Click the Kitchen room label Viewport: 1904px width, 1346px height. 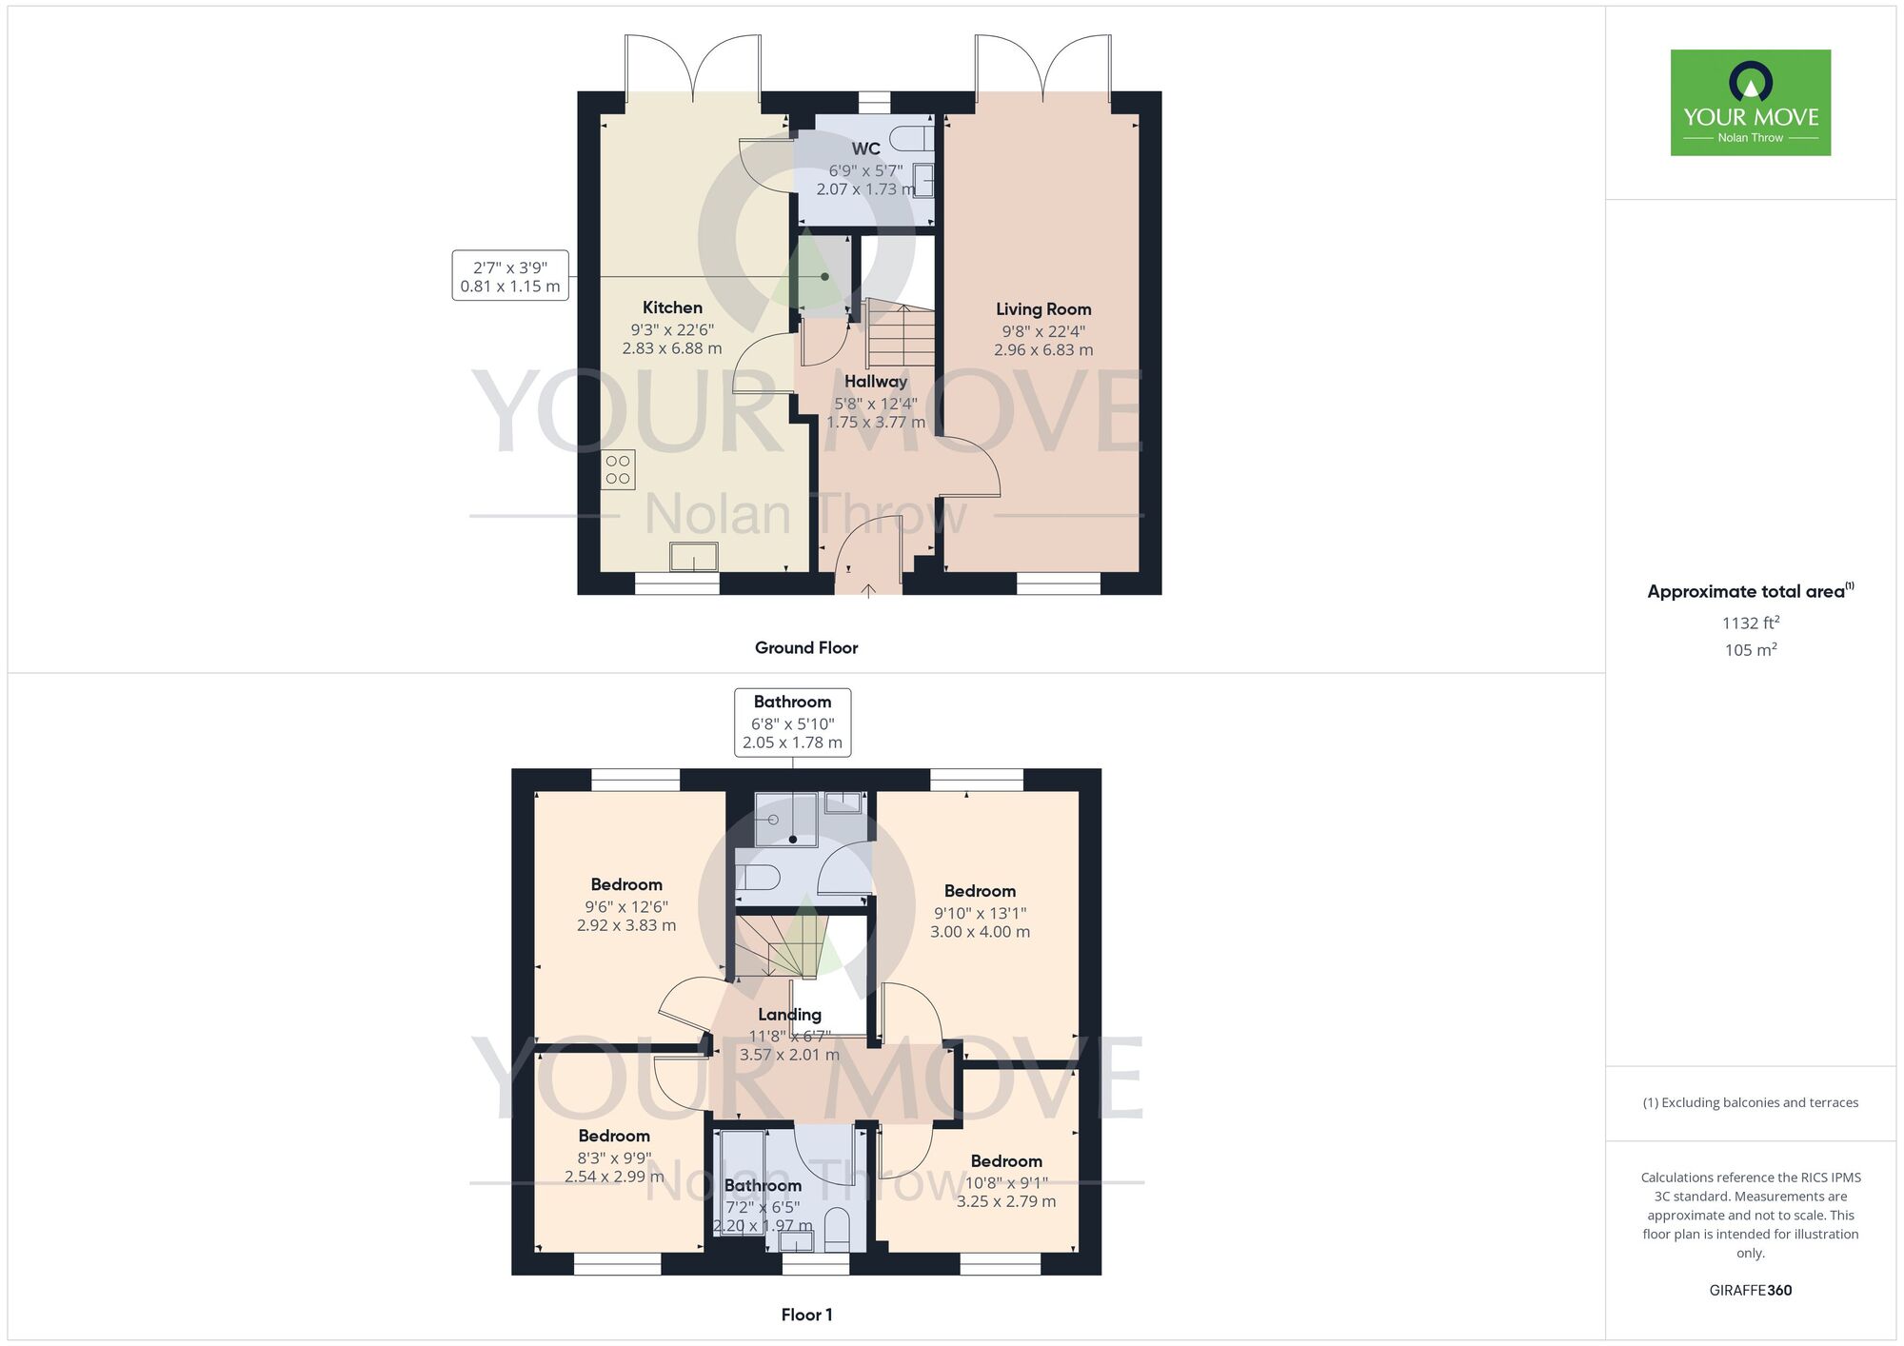(x=672, y=307)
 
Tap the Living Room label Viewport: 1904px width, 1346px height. (x=1043, y=309)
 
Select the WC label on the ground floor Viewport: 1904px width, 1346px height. (x=865, y=148)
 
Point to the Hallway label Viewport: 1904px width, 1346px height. (x=875, y=382)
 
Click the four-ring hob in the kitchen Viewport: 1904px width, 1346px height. (x=618, y=469)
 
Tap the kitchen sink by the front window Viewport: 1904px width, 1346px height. (x=693, y=556)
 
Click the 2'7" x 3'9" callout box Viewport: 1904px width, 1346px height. (x=510, y=276)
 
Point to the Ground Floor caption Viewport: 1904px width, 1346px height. (x=806, y=647)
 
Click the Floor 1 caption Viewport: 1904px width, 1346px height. (x=806, y=1315)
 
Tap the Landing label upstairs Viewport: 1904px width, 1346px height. (x=789, y=1015)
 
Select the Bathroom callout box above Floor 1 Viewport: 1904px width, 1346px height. (x=792, y=722)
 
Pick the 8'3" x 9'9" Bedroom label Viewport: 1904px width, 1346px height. (x=614, y=1136)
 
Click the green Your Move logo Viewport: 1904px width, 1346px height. (x=1750, y=103)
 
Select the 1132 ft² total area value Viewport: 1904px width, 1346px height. (x=1750, y=623)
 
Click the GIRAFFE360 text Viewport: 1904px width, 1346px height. (x=1750, y=1291)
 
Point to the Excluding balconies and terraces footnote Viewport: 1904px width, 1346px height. (x=1750, y=1102)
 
